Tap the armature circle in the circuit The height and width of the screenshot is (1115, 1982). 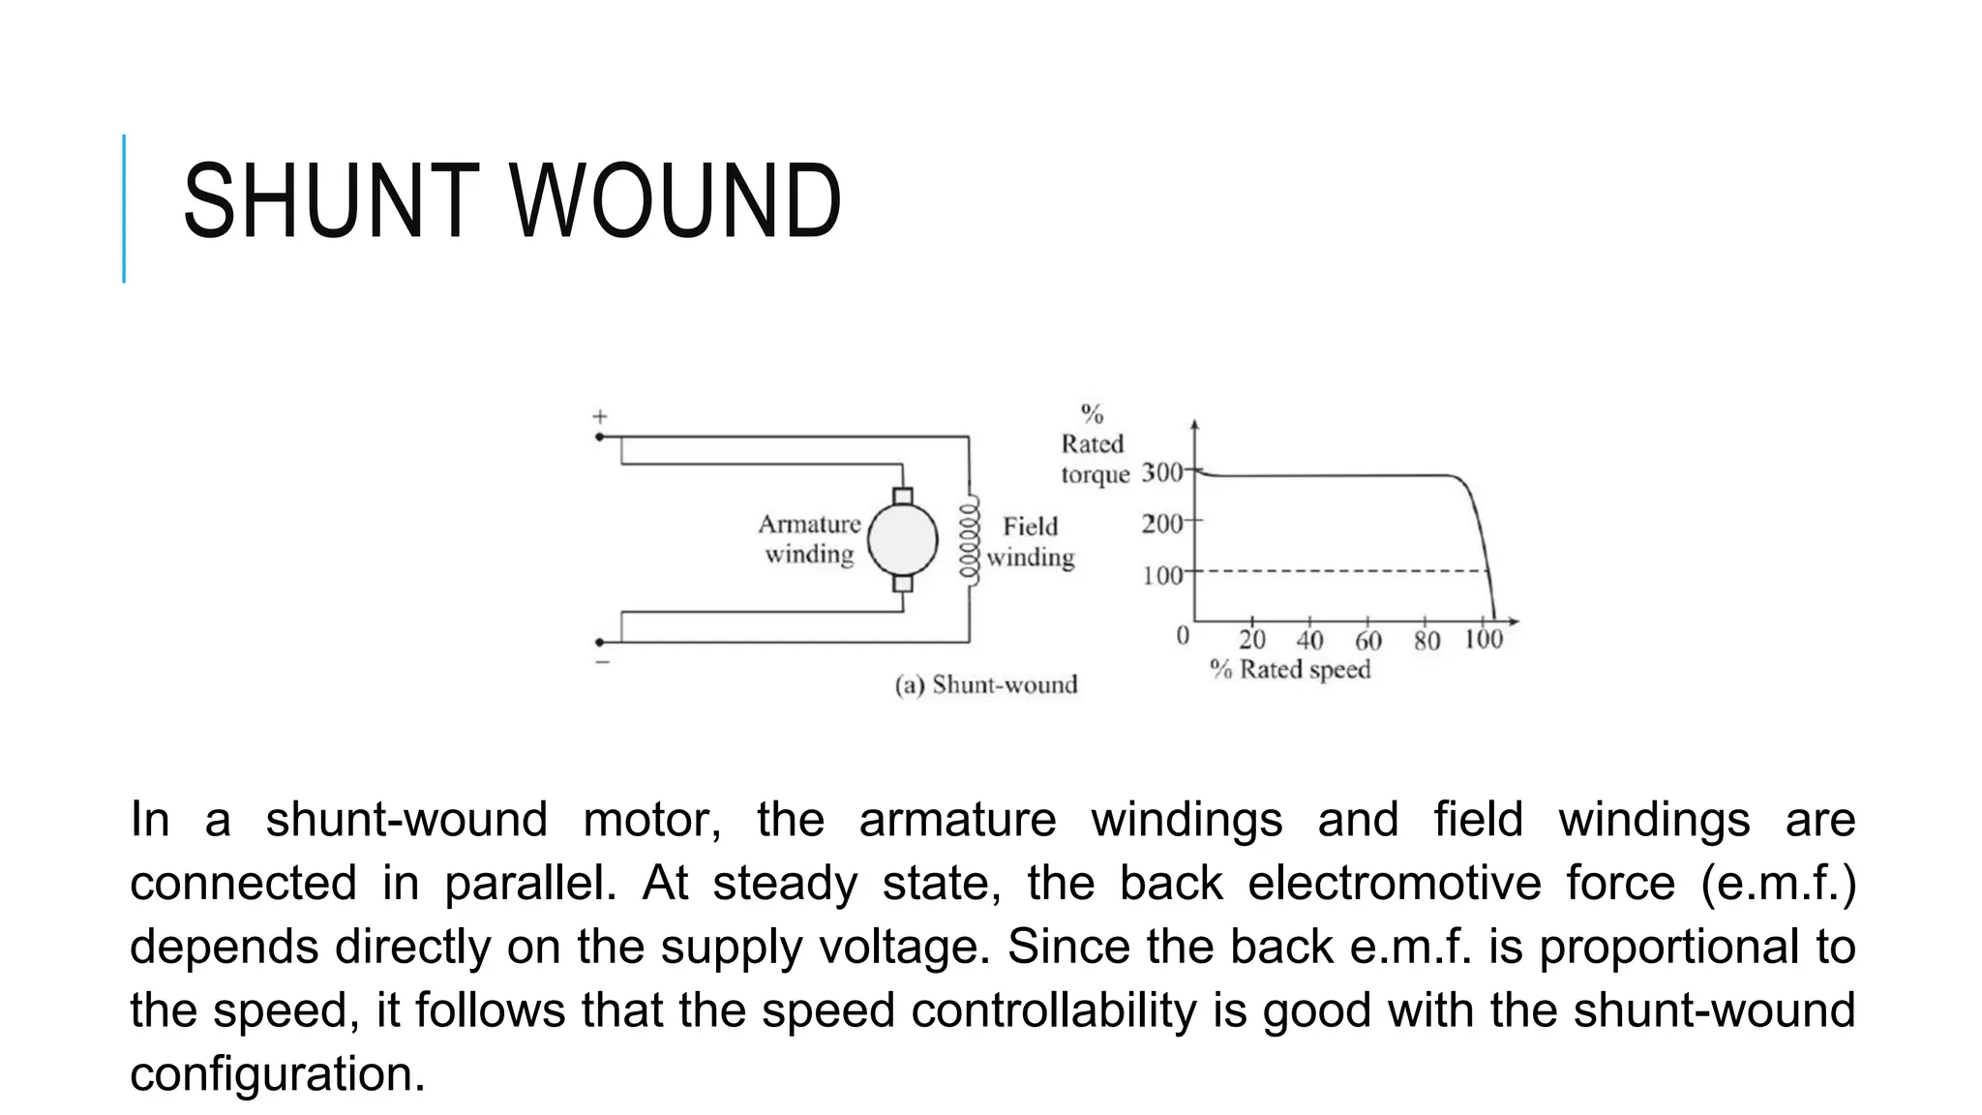902,540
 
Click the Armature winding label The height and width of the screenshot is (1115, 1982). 809,539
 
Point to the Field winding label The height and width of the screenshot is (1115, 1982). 1031,541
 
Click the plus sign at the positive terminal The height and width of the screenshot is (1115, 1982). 600,417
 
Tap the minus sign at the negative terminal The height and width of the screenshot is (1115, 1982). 602,662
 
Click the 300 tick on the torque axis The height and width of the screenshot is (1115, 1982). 1161,472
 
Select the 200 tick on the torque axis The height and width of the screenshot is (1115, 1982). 1161,524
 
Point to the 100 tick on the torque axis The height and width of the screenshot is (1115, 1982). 1161,576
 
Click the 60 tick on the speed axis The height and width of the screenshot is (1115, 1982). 1367,640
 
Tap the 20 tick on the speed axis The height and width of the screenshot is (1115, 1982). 1251,640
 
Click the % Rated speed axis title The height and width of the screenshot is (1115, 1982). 1290,670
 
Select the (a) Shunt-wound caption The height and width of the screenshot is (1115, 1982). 985,685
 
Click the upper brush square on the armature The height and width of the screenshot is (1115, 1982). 902,497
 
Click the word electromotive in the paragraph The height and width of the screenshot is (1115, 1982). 1394,884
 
